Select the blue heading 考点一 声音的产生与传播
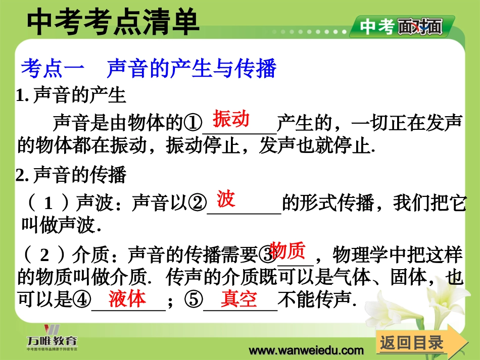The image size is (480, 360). (x=149, y=69)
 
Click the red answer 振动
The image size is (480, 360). (x=231, y=119)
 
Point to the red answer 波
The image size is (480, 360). (x=226, y=199)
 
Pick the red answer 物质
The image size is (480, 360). (x=287, y=250)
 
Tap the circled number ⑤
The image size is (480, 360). (x=193, y=301)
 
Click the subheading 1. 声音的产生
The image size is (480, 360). (x=71, y=95)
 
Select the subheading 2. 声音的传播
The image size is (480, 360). (x=71, y=175)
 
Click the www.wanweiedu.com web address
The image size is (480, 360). (x=307, y=350)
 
